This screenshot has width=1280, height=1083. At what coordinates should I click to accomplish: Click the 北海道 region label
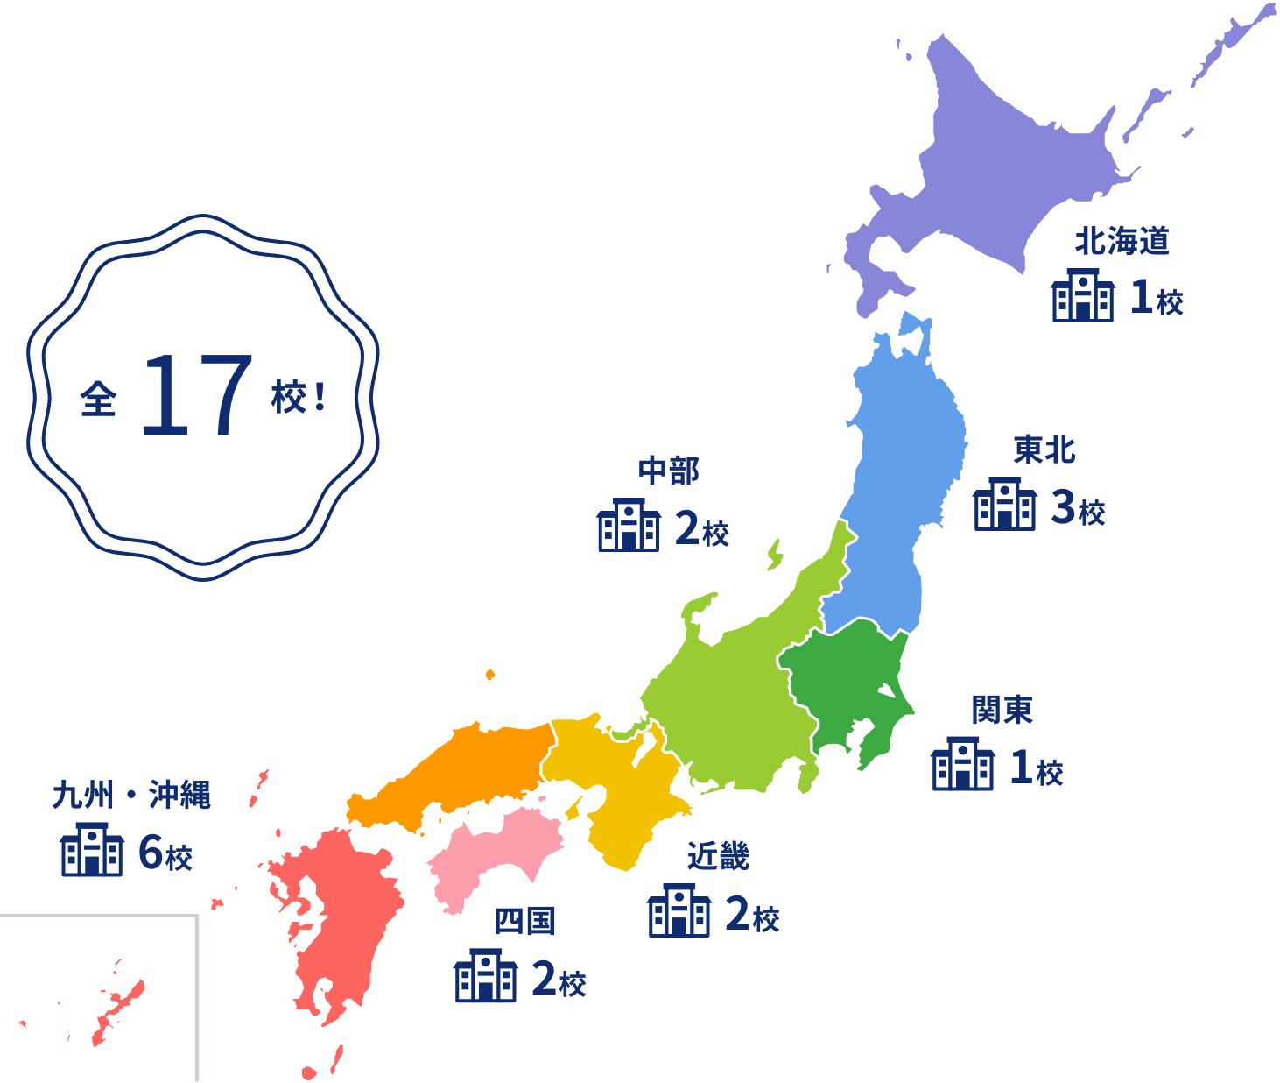[1122, 241]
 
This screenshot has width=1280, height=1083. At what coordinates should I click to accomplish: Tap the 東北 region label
[1044, 449]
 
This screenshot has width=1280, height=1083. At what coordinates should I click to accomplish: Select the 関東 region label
[1002, 710]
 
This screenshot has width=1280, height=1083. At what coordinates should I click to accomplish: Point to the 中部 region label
[668, 471]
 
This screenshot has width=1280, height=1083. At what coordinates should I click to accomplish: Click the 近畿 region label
[718, 856]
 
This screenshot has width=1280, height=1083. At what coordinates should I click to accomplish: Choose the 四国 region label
[524, 921]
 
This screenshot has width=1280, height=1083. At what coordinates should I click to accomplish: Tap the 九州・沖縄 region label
[131, 795]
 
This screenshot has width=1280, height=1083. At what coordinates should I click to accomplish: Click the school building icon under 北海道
[1083, 296]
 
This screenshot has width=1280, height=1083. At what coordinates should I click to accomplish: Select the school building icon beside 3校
[1004, 505]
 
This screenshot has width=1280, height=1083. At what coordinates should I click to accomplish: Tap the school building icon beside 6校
[91, 850]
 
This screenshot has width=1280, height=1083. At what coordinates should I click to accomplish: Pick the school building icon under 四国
[485, 976]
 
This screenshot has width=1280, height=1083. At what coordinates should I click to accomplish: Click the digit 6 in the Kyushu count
[151, 852]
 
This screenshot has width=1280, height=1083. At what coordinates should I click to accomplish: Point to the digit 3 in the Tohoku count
[1063, 506]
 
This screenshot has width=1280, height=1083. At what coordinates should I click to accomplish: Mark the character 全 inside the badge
[98, 400]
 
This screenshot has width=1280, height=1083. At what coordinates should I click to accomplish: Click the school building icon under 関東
[962, 765]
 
